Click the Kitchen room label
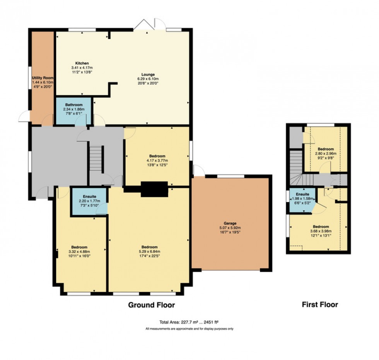[x=82, y=63]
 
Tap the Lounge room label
[x=148, y=75]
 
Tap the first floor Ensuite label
[x=302, y=194]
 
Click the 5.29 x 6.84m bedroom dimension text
[x=149, y=252]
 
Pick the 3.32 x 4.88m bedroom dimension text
[x=79, y=252]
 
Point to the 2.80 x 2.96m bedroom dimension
[x=326, y=153]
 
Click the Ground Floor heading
[x=152, y=305]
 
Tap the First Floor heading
[x=319, y=305]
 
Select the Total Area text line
[x=189, y=322]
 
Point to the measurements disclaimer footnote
[x=189, y=329]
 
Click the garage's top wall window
[x=230, y=177]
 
